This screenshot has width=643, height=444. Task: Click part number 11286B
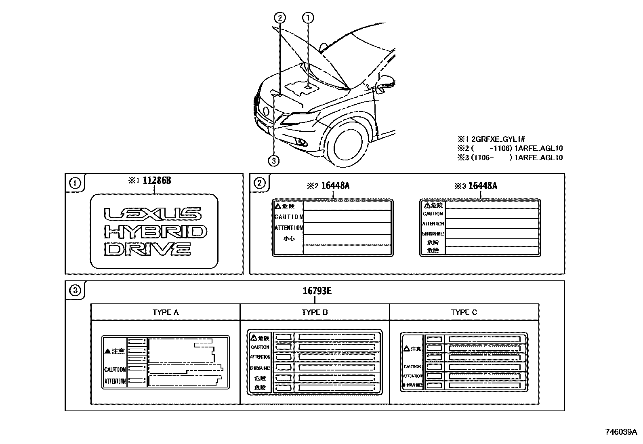(x=157, y=181)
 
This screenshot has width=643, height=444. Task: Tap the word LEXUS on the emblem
(x=153, y=214)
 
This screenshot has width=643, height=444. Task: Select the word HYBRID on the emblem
(x=155, y=232)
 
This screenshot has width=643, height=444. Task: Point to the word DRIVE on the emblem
(x=147, y=249)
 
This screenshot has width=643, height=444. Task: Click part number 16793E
(x=317, y=291)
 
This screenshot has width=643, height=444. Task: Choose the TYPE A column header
(x=165, y=312)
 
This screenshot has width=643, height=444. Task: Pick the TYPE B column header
(x=315, y=312)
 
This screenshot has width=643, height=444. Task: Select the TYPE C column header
(x=464, y=312)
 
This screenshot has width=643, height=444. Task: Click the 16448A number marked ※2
(x=334, y=186)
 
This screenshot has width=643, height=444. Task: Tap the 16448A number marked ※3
(x=481, y=186)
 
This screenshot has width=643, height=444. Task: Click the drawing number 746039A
(x=621, y=432)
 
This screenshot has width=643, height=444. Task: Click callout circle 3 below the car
(x=273, y=161)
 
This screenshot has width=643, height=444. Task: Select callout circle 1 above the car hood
(x=308, y=17)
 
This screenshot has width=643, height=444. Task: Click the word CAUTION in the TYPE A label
(x=115, y=369)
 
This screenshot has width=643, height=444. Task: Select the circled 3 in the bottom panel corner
(x=75, y=290)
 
